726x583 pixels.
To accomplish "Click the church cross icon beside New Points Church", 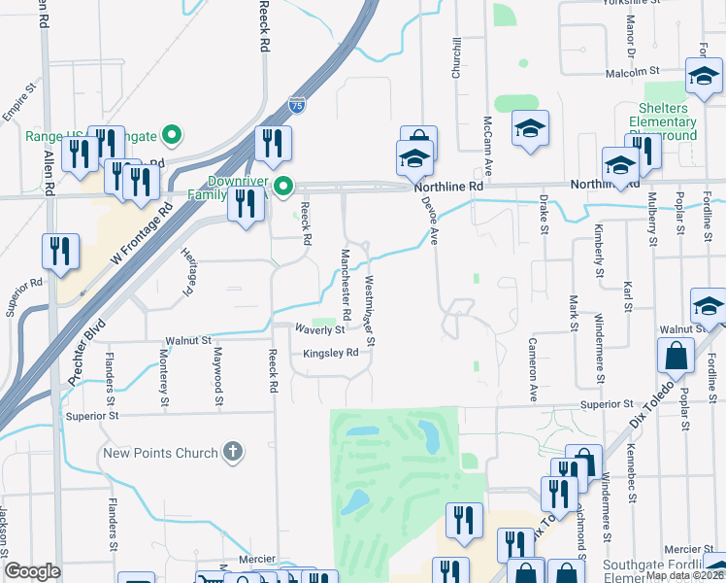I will coord(232,451).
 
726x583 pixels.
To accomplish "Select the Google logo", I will coord(32,571).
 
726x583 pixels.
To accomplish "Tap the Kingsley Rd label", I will coord(331,354).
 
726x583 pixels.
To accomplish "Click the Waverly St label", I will coord(320,329).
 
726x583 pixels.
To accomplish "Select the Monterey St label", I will coord(165,378).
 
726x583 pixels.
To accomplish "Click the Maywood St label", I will coord(218,377).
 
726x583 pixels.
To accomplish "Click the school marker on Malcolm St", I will coord(704,77).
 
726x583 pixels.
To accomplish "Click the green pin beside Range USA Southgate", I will coord(172,134).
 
